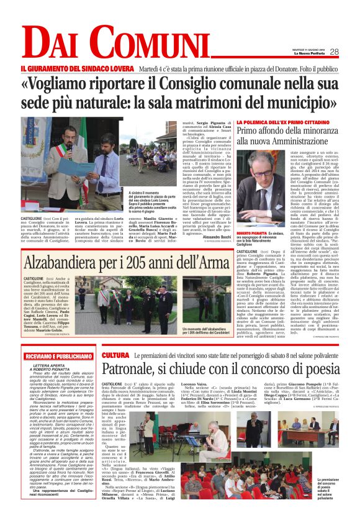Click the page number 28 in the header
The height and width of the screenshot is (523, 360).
pyautogui.click(x=334, y=52)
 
